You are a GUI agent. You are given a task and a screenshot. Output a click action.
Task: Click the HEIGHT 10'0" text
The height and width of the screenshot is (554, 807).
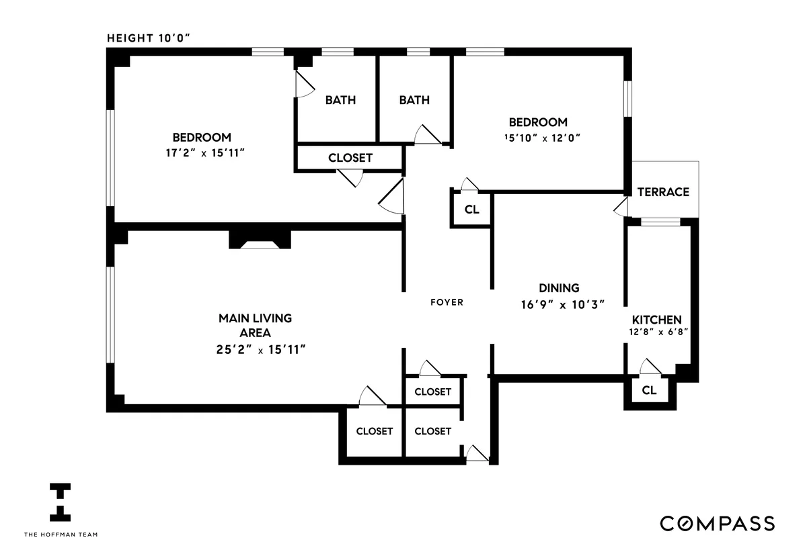pos(150,38)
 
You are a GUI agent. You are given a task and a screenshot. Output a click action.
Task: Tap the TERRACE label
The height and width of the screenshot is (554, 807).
pos(663,192)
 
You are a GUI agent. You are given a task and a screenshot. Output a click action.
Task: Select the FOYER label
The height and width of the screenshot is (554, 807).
pos(447,302)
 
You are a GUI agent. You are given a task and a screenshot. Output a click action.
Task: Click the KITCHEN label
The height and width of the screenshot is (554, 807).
pos(656,320)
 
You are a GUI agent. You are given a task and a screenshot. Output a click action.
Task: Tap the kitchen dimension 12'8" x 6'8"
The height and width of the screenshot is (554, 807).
pos(656,332)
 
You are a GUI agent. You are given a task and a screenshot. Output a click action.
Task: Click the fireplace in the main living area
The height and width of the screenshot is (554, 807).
pos(260,241)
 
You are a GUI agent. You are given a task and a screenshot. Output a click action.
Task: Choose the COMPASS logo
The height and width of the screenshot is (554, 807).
pos(717,523)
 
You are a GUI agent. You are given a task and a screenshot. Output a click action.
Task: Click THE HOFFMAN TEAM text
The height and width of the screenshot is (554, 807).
pos(61,535)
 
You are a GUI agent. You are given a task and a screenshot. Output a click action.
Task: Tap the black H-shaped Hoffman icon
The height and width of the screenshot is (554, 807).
pos(61,502)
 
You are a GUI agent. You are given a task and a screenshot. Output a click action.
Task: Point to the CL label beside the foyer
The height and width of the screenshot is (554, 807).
pos(472,210)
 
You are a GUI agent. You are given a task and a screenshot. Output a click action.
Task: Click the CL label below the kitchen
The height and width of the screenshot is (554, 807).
pos(649,390)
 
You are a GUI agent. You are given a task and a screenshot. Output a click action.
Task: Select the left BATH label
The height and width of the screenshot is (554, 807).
pos(340,100)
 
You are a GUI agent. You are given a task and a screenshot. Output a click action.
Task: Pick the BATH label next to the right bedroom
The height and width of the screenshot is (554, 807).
pos(414,100)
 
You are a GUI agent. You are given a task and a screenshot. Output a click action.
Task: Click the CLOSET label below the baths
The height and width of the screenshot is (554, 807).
pos(350,158)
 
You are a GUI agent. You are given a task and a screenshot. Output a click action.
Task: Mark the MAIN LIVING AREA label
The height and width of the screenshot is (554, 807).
pos(255,325)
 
